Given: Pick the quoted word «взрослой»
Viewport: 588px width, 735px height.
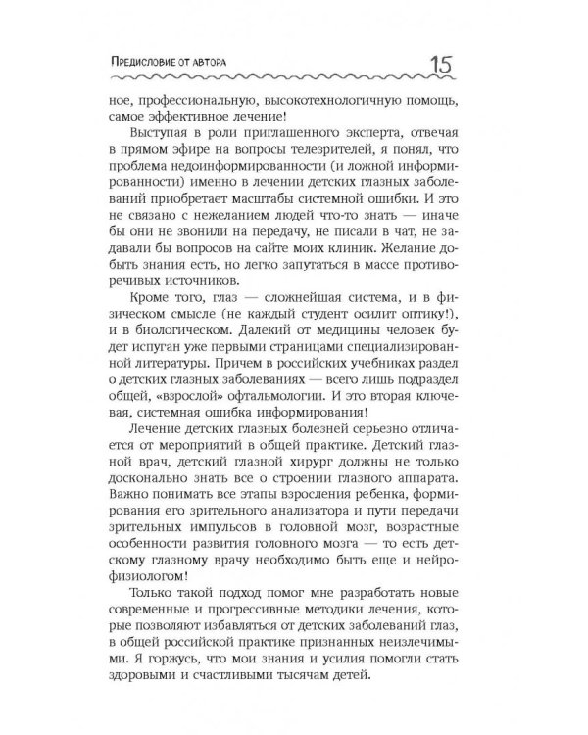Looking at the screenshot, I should point(198,437).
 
